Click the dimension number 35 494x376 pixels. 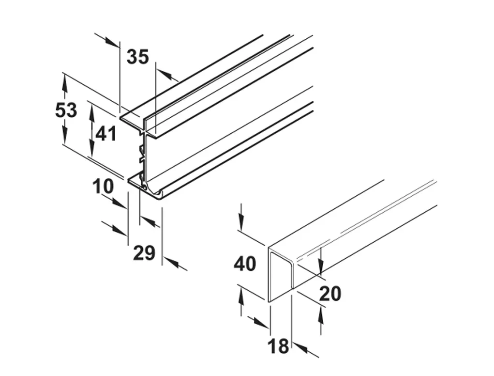coord(137,57)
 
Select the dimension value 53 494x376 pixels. coord(66,110)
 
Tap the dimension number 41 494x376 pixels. coord(105,133)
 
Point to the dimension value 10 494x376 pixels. coord(103,186)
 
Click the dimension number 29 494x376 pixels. coord(144,253)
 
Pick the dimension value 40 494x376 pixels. coord(245,264)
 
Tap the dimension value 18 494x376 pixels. coord(278,346)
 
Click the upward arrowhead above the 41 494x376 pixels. coord(91,111)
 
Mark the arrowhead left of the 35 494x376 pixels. coord(113,43)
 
